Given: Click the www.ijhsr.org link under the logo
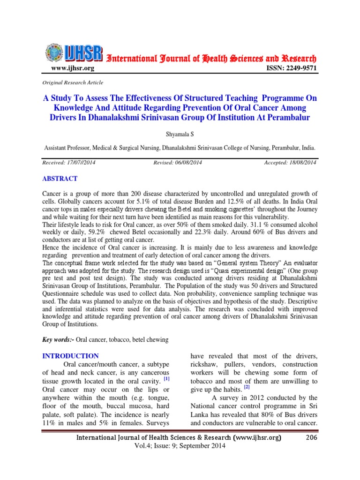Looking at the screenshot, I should pos(72,68).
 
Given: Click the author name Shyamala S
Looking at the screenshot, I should pos(180,134).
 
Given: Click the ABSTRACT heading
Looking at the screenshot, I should pos(60,179).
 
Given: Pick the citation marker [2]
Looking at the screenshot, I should pos(247,387).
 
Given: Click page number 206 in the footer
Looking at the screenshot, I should pos(311,437).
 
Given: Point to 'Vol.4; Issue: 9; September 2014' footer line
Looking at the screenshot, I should pos(180,446).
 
